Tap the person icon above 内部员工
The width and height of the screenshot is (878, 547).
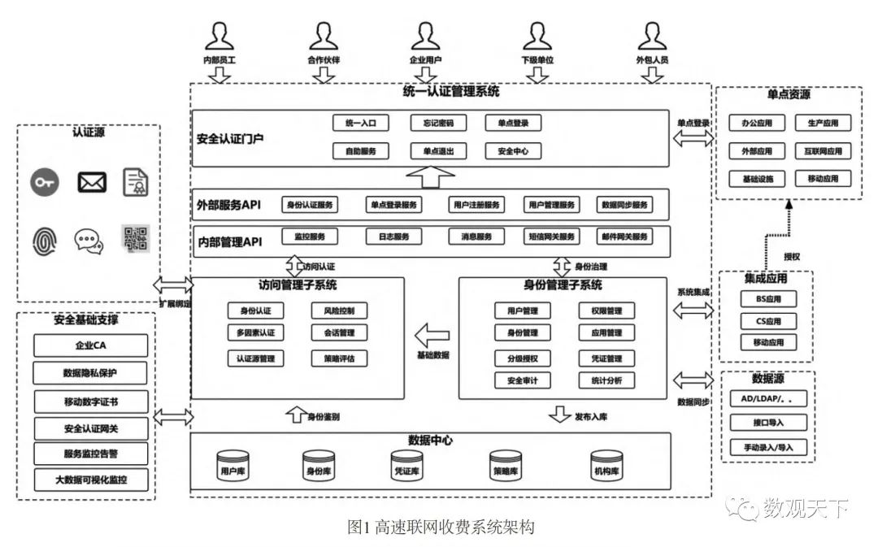click(x=219, y=37)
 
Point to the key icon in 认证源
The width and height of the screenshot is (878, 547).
click(x=45, y=182)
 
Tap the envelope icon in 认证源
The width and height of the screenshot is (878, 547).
click(x=92, y=182)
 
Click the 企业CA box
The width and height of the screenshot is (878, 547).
click(x=91, y=345)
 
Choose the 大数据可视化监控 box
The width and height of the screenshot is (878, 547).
click(x=91, y=480)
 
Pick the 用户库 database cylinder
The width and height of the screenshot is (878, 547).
click(x=229, y=466)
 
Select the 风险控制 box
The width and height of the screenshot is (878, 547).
click(x=339, y=310)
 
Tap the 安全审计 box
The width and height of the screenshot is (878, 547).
click(x=522, y=380)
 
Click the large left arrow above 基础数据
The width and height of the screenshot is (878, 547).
click(x=432, y=335)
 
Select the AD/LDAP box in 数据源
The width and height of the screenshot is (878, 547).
click(x=767, y=399)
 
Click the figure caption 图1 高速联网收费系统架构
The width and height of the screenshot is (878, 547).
click(x=441, y=527)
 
